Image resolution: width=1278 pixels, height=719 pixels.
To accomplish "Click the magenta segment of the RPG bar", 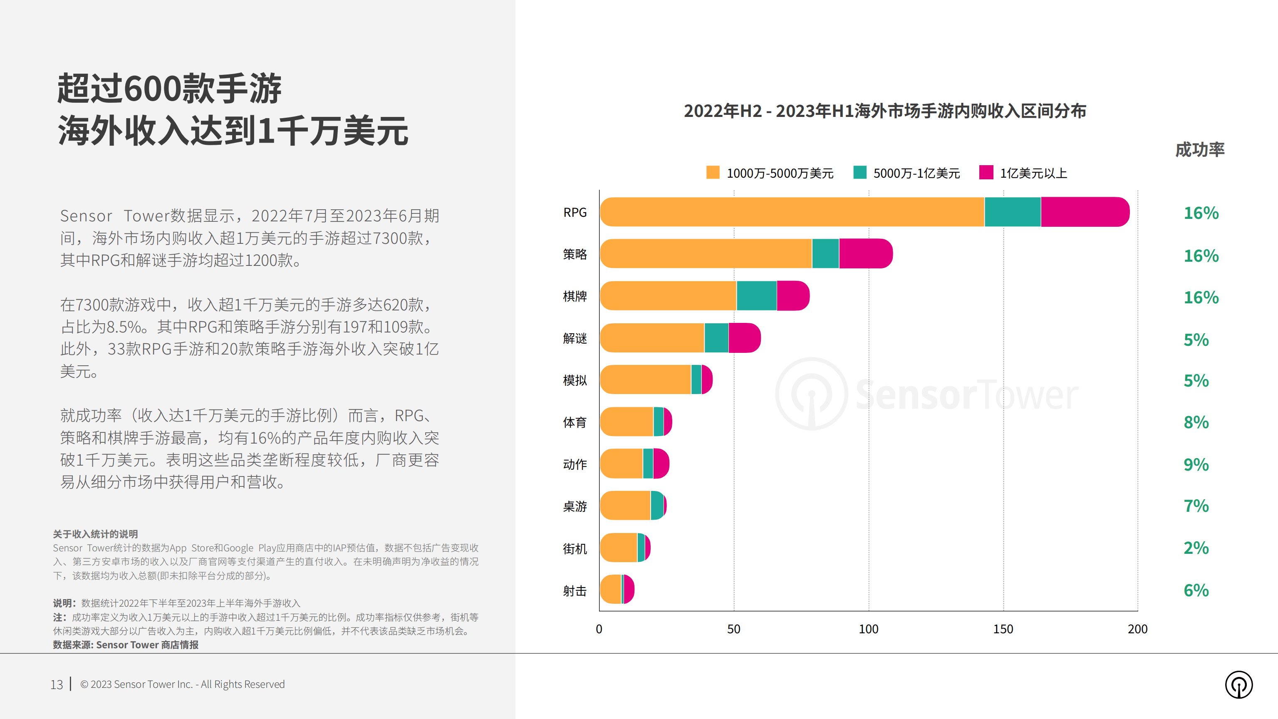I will (x=1084, y=212).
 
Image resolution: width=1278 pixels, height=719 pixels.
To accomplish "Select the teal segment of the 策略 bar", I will (x=825, y=253).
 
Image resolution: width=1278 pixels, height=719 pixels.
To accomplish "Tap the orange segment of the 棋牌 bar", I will (x=668, y=296).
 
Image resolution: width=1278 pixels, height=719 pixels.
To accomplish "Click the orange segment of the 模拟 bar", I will (x=645, y=379).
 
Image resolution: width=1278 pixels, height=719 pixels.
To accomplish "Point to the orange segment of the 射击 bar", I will (x=610, y=590).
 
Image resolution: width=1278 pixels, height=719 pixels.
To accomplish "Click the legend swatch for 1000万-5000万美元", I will (x=712, y=173).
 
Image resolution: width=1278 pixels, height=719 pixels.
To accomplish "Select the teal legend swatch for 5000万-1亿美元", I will (x=860, y=173).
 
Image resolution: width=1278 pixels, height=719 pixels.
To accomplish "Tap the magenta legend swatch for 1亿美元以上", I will (x=986, y=173).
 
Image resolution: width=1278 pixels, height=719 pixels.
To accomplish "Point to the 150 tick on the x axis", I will (x=1003, y=629).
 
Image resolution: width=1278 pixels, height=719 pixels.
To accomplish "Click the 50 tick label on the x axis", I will (x=733, y=629).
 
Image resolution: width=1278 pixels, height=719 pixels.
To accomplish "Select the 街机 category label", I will (x=575, y=549).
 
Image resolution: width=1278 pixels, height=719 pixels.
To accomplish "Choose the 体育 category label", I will (x=575, y=422).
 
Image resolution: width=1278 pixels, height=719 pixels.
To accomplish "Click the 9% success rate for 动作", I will (x=1196, y=464).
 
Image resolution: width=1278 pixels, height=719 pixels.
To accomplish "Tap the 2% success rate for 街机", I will (x=1196, y=548).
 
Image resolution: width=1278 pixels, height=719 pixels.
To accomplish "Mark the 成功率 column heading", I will (x=1200, y=149).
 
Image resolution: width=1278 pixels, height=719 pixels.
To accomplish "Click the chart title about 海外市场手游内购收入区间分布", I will (x=884, y=111).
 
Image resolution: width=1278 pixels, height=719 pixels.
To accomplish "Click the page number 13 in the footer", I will (x=57, y=685).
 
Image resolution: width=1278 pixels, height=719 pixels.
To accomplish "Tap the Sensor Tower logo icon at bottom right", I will (x=1238, y=685).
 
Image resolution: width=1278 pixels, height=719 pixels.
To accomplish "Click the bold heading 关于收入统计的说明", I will (x=95, y=534).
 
